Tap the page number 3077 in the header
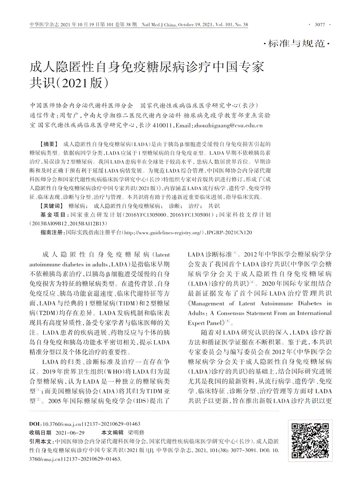click(x=319, y=24)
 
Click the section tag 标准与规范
click(x=297, y=44)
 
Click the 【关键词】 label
click(x=50, y=206)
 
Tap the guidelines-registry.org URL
click(x=164, y=233)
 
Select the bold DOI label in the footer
click(x=35, y=424)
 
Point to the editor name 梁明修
click(x=136, y=432)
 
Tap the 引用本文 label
click(x=41, y=441)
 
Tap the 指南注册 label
click(x=51, y=233)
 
